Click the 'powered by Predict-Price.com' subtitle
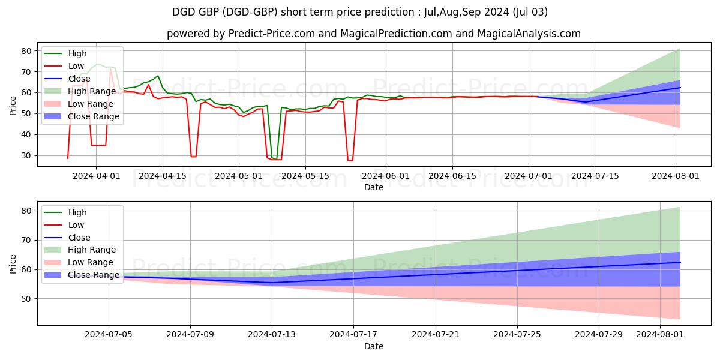pos(373,34)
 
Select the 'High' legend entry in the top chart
pos(77,53)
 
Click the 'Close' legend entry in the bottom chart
pos(79,237)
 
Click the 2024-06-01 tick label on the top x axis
pos(386,176)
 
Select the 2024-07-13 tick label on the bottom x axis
pos(272,335)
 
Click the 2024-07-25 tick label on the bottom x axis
pos(517,335)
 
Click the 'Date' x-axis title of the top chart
pos(373,187)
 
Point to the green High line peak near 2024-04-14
pos(158,76)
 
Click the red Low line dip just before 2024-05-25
pos(350,160)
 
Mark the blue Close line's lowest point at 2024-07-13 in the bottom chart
pos(272,283)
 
